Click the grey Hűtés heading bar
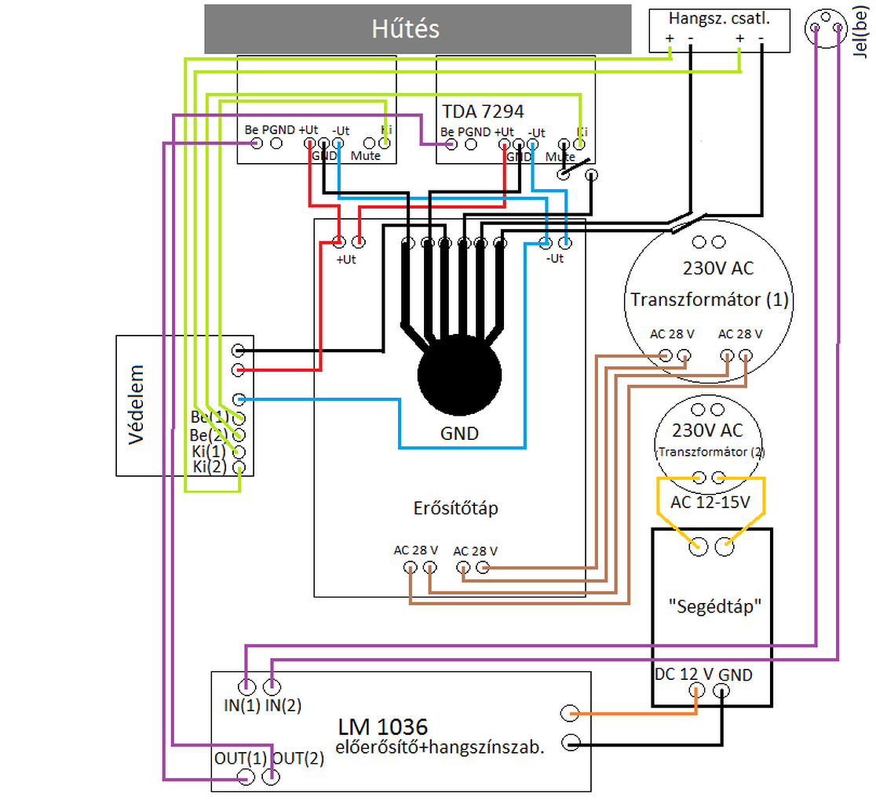[x=417, y=29]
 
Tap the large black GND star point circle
[x=459, y=376]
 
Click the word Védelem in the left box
[x=137, y=405]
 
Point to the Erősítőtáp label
[x=455, y=508]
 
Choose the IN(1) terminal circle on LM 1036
[x=247, y=688]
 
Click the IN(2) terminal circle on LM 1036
[x=272, y=688]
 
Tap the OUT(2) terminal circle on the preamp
[x=272, y=777]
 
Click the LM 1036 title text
[x=383, y=726]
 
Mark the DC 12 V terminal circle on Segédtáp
[x=696, y=691]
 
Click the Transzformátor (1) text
[x=710, y=300]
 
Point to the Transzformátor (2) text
[x=711, y=452]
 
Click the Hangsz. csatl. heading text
[x=718, y=17]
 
